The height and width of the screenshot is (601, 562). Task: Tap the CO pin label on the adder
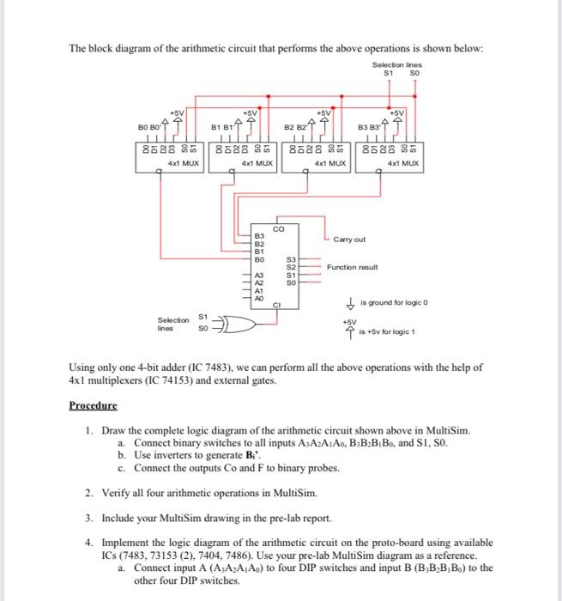coord(279,228)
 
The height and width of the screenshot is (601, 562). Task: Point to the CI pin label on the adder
coord(276,303)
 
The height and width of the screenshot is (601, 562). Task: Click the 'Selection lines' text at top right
coord(396,65)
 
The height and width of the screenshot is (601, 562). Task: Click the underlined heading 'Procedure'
coord(94,404)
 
